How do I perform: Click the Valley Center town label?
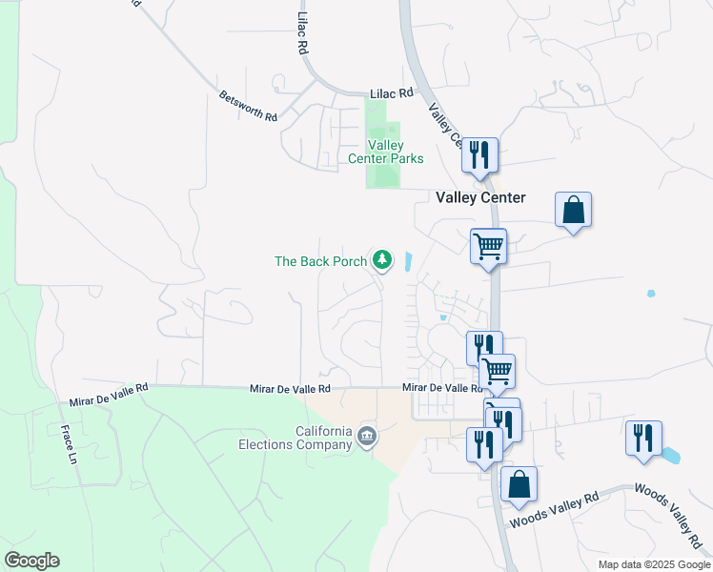[x=480, y=197]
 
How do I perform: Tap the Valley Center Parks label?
[x=386, y=152]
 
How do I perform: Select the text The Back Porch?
[x=320, y=260]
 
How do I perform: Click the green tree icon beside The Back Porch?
[x=382, y=259]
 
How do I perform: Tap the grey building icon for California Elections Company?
[x=367, y=437]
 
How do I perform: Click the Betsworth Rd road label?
[x=247, y=105]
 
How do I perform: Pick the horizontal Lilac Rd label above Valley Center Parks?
[x=391, y=93]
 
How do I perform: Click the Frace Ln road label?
[x=70, y=443]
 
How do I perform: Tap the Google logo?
[x=31, y=561]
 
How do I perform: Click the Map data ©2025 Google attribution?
[x=653, y=564]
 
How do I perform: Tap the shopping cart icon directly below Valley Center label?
[x=488, y=246]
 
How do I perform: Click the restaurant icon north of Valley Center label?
[x=479, y=155]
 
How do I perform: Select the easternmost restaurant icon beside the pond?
[x=642, y=439]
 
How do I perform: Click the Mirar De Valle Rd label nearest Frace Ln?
[x=110, y=389]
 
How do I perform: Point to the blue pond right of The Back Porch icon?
[x=408, y=261]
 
